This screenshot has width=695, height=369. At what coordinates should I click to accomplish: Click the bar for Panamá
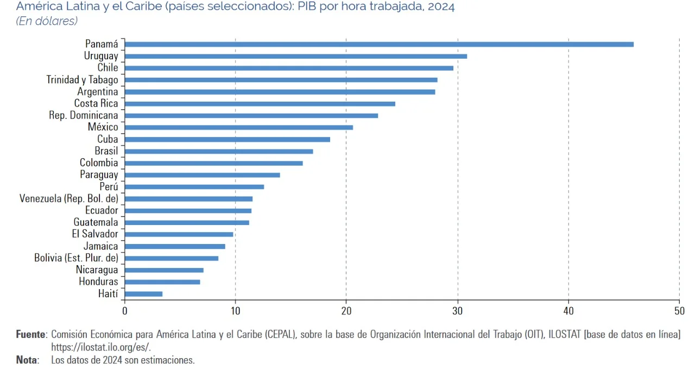tap(379, 44)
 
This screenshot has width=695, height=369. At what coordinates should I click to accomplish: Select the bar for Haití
tap(143, 294)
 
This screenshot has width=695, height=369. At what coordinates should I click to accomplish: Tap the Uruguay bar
tap(296, 56)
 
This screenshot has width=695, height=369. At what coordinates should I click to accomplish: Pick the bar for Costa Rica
tap(260, 103)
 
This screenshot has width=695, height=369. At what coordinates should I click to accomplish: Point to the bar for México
tap(239, 127)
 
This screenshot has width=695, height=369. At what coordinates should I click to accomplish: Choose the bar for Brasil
tap(219, 151)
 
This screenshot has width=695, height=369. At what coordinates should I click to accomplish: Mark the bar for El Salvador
tap(179, 234)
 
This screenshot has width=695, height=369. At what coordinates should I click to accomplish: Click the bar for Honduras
tap(162, 282)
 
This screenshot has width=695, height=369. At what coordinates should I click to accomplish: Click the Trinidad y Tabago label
tap(82, 80)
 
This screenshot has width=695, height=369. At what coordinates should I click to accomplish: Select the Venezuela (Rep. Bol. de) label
tap(68, 198)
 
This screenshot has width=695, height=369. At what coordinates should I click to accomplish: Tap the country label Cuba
tap(108, 139)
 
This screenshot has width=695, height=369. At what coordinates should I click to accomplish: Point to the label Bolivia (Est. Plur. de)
tap(76, 258)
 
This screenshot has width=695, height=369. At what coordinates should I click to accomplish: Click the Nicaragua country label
tap(97, 270)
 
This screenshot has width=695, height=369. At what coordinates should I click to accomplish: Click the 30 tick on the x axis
tap(458, 311)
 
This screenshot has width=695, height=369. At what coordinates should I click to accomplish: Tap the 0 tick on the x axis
tap(125, 311)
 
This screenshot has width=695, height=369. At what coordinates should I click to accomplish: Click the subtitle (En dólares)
tap(47, 21)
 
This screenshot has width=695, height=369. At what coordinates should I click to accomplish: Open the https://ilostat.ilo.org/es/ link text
tap(100, 347)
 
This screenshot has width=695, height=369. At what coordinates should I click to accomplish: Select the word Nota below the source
tap(27, 360)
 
